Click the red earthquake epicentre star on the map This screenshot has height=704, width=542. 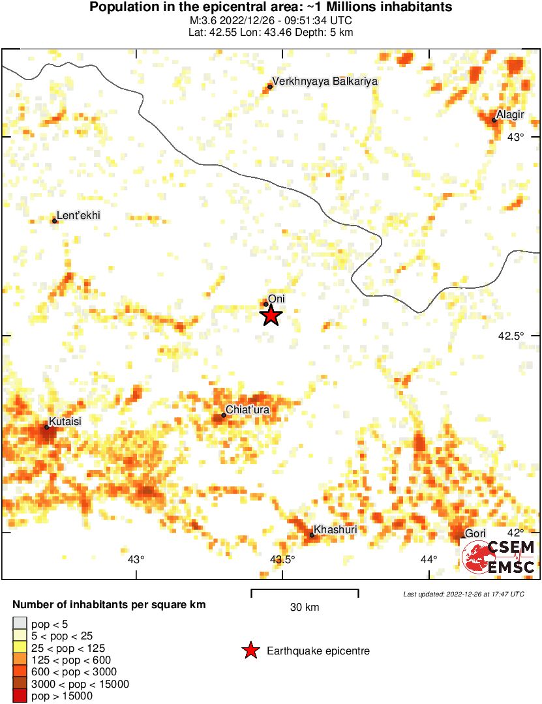pos(271,316)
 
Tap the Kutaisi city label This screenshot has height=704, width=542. pos(65,422)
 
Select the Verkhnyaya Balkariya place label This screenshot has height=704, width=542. pos(325,81)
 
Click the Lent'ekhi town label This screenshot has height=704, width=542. pos(79,216)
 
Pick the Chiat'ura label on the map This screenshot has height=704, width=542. pos(248,410)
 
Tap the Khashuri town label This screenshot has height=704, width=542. pos(335,529)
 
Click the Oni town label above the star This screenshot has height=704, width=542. pos(277,299)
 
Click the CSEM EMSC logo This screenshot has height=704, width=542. pos(499,557)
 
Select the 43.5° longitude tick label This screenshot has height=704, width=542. pos(282,559)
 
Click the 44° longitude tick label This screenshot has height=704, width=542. pos(429,559)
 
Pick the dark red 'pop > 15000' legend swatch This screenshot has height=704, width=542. pos(20,696)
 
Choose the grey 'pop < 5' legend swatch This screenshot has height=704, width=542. pos(20,623)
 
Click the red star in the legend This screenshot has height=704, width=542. pos(250,651)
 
